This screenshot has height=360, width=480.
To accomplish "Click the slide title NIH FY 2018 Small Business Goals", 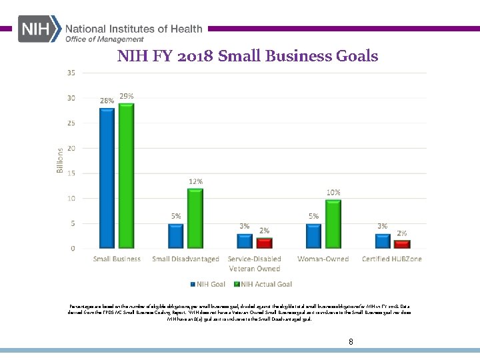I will (247, 56).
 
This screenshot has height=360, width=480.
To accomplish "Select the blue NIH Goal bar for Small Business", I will (107, 178).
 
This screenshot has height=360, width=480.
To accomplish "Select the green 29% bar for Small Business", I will (125, 175).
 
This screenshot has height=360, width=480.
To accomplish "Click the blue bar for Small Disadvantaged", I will (176, 235).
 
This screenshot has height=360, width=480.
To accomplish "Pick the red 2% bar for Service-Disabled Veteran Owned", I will (264, 243).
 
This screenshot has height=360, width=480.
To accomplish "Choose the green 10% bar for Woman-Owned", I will (333, 223).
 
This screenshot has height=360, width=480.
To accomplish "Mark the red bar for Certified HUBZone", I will (402, 244).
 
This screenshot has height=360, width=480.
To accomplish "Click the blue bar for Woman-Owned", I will (314, 235).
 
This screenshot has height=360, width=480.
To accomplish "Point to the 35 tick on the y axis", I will (71, 73).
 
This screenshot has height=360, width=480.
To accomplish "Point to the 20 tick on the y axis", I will (71, 148).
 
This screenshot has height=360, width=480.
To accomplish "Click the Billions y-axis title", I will (60, 161).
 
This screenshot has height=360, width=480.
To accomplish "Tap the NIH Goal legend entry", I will (209, 284).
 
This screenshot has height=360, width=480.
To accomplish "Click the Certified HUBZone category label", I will (391, 259).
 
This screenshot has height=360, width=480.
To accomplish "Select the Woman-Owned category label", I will (323, 259).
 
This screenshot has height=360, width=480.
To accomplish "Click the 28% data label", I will (107, 101).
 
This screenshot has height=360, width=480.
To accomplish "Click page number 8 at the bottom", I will (351, 342).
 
